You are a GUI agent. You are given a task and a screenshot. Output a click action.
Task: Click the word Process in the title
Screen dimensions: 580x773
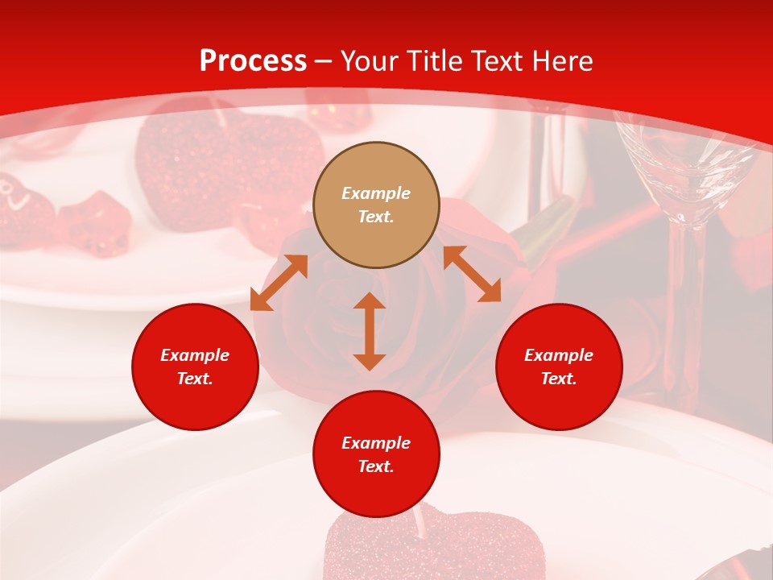pyautogui.click(x=253, y=61)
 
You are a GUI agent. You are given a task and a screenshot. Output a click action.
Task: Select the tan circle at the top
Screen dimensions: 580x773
pyautogui.click(x=376, y=205)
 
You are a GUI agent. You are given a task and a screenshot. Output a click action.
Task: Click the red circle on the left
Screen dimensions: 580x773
pyautogui.click(x=195, y=367)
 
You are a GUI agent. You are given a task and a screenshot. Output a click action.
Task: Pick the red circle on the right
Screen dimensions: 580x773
pyautogui.click(x=559, y=367)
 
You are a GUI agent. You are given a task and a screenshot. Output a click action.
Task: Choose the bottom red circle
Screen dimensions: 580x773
pyautogui.click(x=376, y=454)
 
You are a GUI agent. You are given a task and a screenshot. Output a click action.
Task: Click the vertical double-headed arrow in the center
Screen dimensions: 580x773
pyautogui.click(x=370, y=331)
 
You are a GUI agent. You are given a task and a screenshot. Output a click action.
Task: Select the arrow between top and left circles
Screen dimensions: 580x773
pyautogui.click(x=279, y=282)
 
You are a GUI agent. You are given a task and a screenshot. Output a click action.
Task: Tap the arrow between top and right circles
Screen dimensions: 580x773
pyautogui.click(x=472, y=274)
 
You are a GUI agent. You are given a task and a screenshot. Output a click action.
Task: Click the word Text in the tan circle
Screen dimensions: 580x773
pyautogui.click(x=376, y=217)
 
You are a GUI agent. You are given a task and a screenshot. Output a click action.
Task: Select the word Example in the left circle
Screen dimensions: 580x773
pyautogui.click(x=195, y=355)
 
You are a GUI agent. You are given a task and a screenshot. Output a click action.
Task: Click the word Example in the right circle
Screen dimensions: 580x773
pyautogui.click(x=559, y=355)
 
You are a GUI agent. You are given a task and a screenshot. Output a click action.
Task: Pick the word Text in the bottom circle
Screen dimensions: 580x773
pyautogui.click(x=376, y=466)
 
